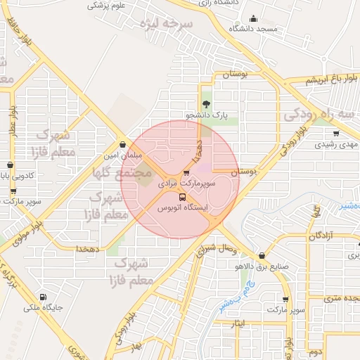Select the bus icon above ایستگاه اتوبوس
pyautogui.click(x=182, y=197)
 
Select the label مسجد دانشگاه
pyautogui.click(x=257, y=29)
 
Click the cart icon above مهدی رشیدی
pyautogui.click(x=335, y=133)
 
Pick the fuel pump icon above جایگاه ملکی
pyautogui.click(x=44, y=297)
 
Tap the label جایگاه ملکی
pyautogui.click(x=44, y=307)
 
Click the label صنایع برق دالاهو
pyautogui.click(x=261, y=266)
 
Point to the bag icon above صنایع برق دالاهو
pyautogui.click(x=262, y=256)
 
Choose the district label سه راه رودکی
pyautogui.click(x=321, y=114)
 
